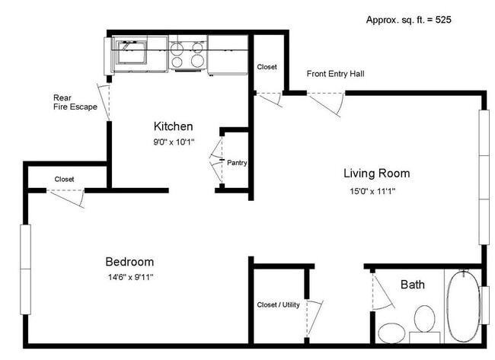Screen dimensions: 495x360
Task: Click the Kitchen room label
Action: tap(173, 126)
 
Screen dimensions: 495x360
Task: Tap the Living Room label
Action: tap(377, 174)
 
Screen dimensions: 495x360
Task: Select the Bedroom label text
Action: tap(129, 262)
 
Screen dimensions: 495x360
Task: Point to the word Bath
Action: tap(413, 285)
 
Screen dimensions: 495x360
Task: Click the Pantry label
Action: tap(237, 163)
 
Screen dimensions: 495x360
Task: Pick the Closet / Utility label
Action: tap(278, 304)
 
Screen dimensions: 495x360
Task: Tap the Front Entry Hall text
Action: tap(336, 74)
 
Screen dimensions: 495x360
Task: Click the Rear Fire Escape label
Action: tap(75, 102)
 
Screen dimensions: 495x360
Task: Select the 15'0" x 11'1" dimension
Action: tap(372, 191)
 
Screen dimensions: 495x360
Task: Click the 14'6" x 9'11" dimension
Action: tap(131, 277)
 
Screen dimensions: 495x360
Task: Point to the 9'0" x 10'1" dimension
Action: tap(174, 142)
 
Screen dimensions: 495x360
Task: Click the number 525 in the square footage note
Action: tap(443, 20)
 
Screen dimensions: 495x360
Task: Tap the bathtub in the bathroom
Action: tap(462, 306)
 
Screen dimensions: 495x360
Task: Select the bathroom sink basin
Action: tap(391, 333)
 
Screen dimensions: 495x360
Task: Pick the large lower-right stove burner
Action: tap(197, 61)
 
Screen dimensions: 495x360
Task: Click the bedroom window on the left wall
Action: tap(26, 269)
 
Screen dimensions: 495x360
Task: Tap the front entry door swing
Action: tap(326, 104)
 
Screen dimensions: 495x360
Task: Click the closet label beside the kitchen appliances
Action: tap(267, 67)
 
